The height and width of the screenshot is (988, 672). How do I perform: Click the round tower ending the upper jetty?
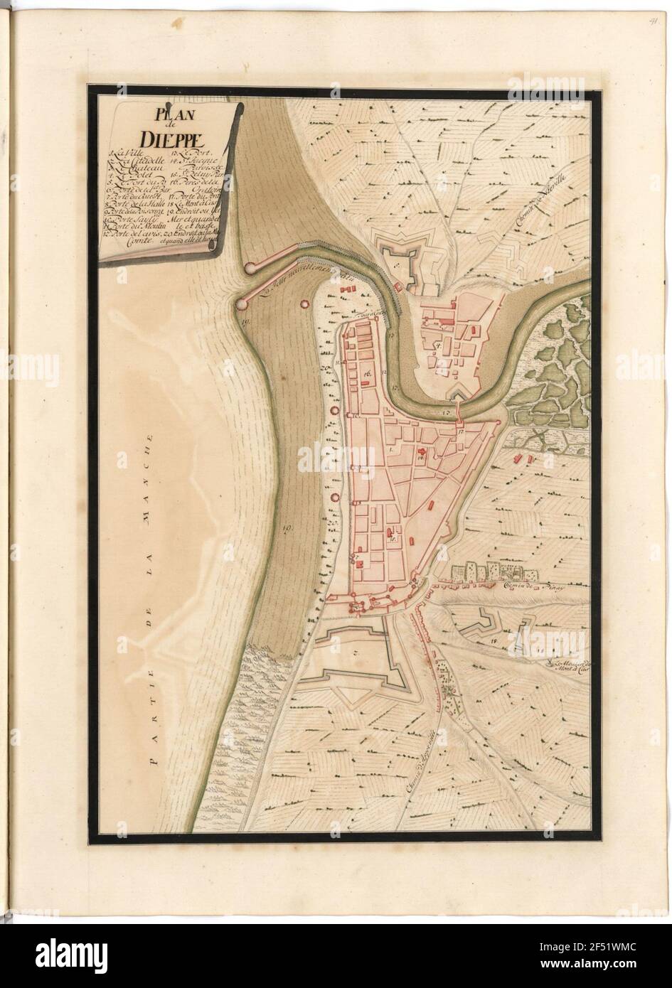[x=251, y=268]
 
